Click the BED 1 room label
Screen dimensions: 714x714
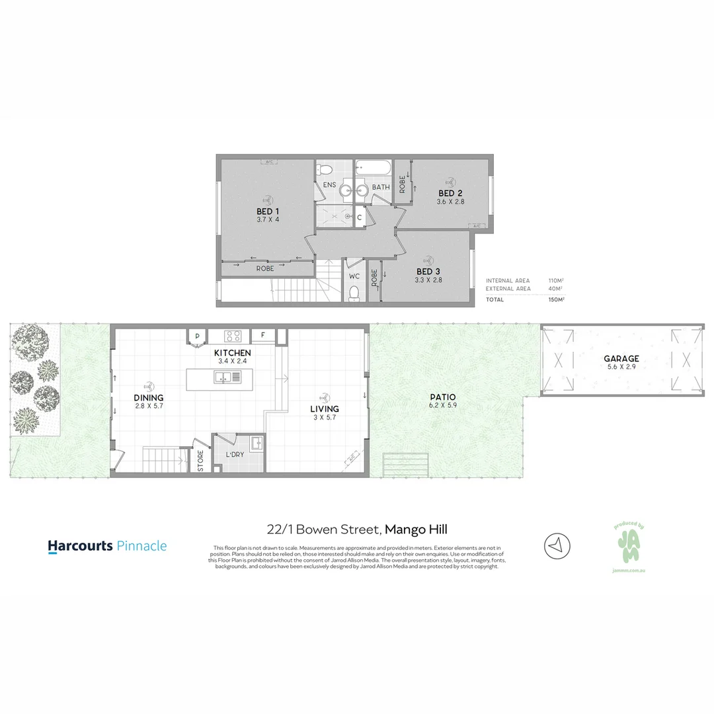268,212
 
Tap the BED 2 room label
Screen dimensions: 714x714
451,193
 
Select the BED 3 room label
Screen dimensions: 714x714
428,272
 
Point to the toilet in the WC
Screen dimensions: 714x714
354,292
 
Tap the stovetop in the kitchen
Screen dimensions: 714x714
232,336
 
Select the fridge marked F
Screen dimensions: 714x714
262,335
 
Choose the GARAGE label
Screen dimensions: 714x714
621,359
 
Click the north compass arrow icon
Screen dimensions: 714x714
557,545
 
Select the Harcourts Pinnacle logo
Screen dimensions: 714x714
107,546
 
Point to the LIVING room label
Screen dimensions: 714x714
325,409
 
